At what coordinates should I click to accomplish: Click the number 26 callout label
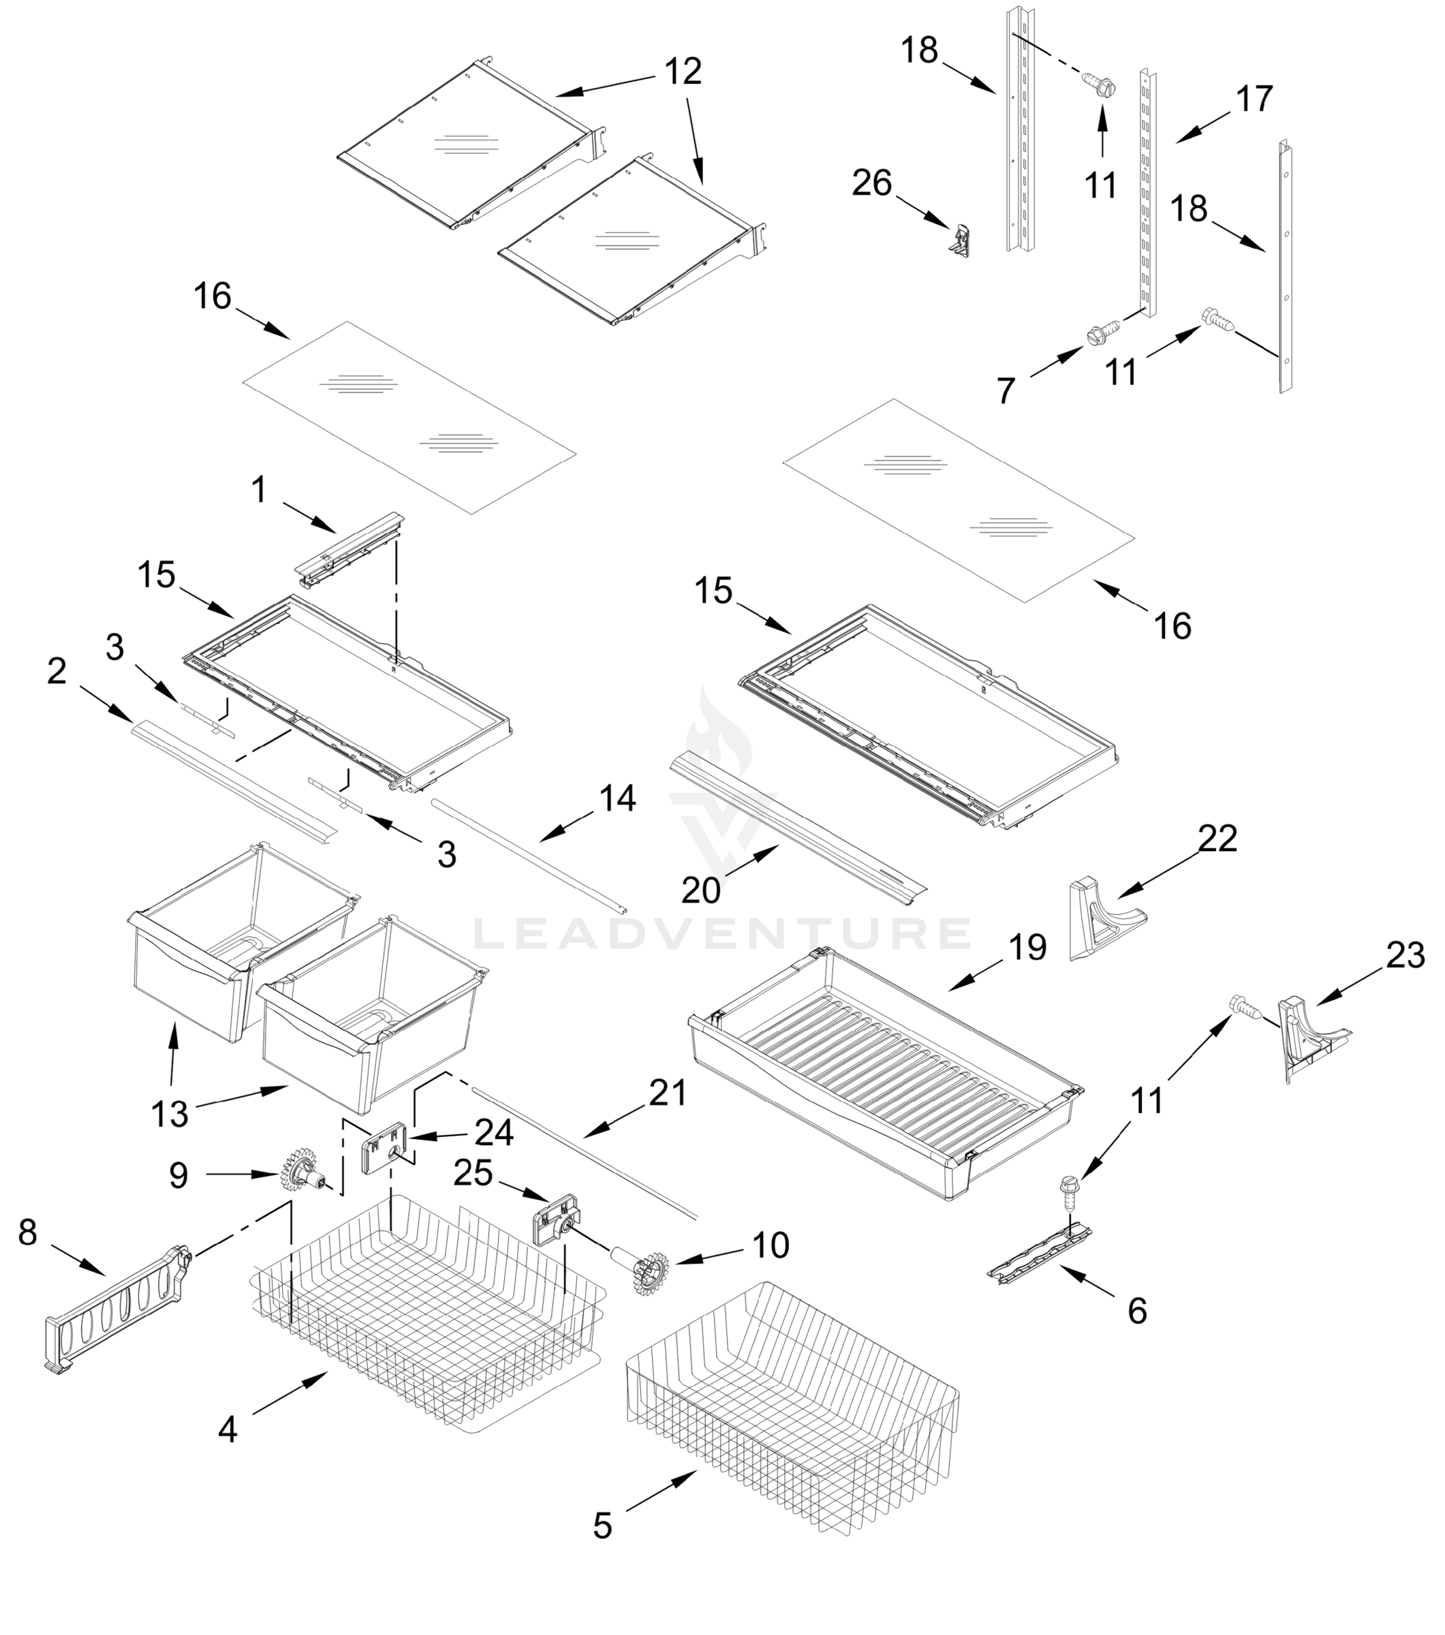point(871,183)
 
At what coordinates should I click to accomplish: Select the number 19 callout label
point(1027,948)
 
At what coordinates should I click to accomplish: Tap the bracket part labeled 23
point(1305,1036)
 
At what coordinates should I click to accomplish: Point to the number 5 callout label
point(602,1525)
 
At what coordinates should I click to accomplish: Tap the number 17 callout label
point(1254,99)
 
